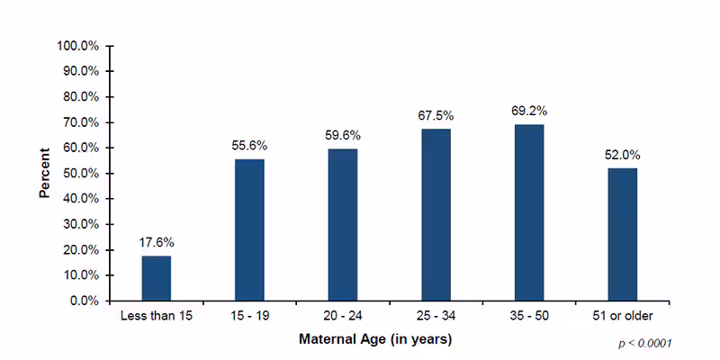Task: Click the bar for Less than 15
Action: [x=156, y=278]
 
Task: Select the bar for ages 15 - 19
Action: [x=249, y=229]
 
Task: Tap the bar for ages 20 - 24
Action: [x=342, y=224]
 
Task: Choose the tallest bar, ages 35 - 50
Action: [x=529, y=212]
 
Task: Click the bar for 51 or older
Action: [x=622, y=234]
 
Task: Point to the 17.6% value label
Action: [x=156, y=242]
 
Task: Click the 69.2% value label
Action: [x=529, y=111]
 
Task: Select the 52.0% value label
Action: [x=622, y=154]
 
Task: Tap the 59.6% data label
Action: [x=342, y=135]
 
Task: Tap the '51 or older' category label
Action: [x=622, y=317]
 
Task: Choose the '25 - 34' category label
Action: [x=436, y=317]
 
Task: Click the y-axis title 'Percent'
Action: [x=44, y=173]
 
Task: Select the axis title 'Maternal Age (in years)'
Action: [x=375, y=339]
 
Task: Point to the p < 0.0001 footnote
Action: [x=644, y=344]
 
